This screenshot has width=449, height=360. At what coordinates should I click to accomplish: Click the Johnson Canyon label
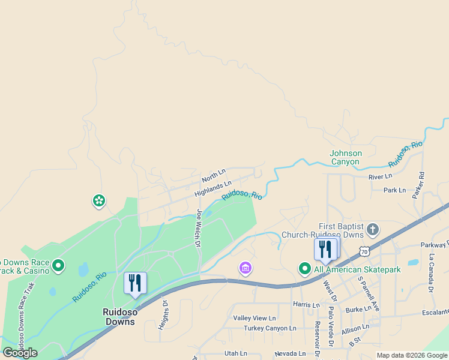(x=346, y=157)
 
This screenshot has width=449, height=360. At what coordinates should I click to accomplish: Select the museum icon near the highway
(x=245, y=267)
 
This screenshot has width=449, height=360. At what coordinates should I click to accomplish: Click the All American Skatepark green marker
(x=306, y=269)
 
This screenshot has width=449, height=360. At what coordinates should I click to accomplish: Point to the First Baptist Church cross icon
(x=373, y=229)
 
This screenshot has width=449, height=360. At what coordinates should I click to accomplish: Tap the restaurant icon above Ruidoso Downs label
(x=134, y=283)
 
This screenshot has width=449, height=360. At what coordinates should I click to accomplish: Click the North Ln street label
(x=214, y=176)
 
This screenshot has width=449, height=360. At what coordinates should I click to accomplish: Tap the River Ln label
(x=380, y=176)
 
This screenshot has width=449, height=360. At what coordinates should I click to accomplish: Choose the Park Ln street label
(x=394, y=190)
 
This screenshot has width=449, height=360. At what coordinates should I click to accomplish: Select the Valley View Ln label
(x=255, y=318)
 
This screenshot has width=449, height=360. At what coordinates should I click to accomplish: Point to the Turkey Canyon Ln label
(x=270, y=328)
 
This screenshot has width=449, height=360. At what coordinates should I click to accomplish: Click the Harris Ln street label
(x=306, y=305)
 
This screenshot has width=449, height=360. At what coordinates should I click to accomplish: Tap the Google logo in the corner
(x=20, y=352)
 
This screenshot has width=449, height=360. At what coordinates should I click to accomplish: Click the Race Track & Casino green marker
(x=58, y=265)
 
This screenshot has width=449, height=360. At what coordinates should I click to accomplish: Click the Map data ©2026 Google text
(x=412, y=355)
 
